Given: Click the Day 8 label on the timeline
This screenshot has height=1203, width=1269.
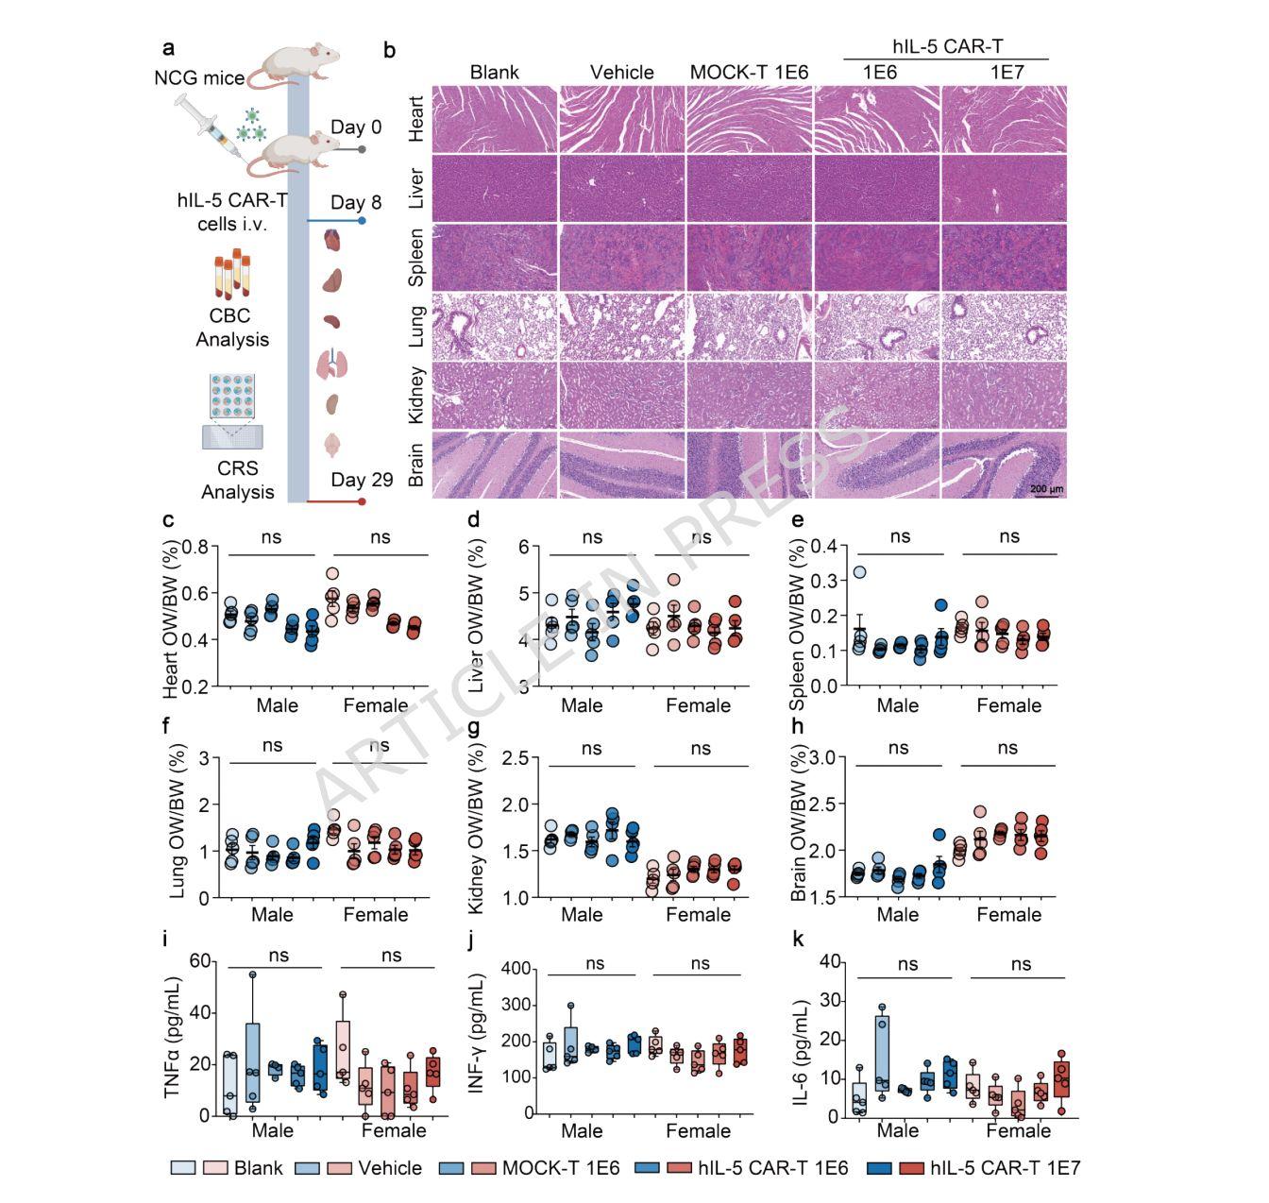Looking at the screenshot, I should [x=356, y=203].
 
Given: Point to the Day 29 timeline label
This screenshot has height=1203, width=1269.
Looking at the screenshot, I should [x=362, y=480].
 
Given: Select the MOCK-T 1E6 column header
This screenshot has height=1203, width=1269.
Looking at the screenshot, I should [x=749, y=72].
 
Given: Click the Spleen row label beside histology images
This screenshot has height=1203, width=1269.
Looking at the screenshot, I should [x=415, y=257].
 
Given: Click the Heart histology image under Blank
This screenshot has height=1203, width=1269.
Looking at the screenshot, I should [x=495, y=118].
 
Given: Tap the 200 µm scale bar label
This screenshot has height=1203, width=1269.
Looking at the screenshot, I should [x=1046, y=489].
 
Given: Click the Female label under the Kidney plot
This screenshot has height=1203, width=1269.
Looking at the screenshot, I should [x=699, y=914].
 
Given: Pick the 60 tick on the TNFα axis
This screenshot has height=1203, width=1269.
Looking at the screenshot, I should [x=199, y=961].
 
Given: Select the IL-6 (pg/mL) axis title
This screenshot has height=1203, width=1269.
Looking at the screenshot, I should [x=804, y=1039].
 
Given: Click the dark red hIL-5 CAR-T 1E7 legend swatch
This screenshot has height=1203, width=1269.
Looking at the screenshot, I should [x=911, y=1168].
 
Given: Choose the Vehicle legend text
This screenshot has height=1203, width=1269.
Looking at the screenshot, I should [x=390, y=1168].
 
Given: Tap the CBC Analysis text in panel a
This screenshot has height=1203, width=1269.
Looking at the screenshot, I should [x=232, y=328].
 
